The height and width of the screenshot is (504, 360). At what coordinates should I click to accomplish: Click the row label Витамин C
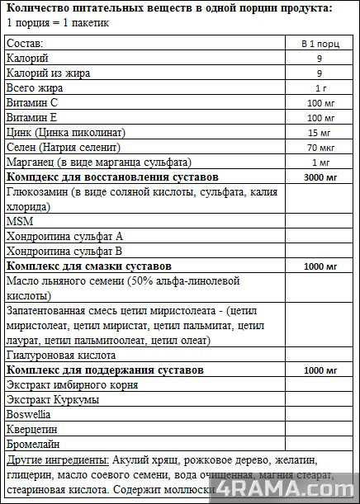click(31, 103)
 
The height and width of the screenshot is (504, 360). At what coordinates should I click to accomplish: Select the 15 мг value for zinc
click(319, 133)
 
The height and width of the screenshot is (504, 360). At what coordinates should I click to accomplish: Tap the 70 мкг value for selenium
click(319, 148)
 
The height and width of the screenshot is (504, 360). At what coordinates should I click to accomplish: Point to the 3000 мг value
click(319, 177)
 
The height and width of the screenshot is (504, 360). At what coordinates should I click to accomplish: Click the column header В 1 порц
click(319, 44)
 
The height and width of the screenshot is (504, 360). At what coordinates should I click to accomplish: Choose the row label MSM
click(17, 222)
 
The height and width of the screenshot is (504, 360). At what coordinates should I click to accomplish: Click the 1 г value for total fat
click(319, 88)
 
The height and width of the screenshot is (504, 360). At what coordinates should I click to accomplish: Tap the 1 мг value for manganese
click(319, 163)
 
